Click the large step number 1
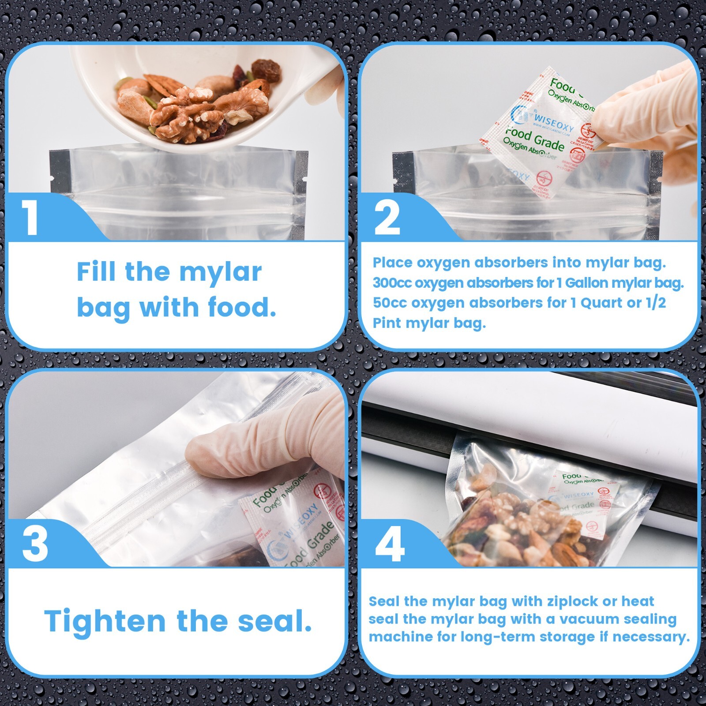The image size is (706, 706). click(x=31, y=218)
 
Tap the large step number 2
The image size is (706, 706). click(x=387, y=218)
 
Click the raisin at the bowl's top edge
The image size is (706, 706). click(x=266, y=71)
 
